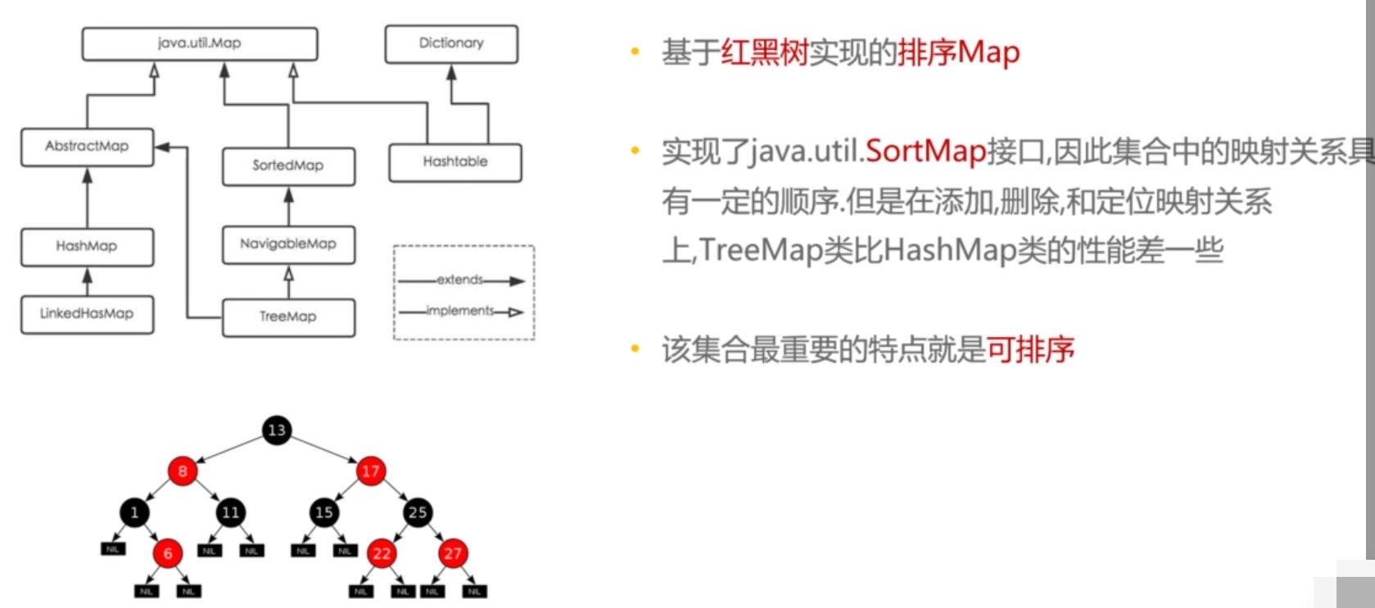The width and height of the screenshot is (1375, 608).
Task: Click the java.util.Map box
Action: [x=199, y=43]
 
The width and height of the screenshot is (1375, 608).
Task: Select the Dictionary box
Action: [x=451, y=43]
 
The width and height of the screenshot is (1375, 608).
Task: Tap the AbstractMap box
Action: [x=87, y=146]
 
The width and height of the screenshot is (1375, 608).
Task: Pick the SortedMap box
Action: [x=288, y=166]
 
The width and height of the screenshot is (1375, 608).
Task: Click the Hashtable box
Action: [x=455, y=162]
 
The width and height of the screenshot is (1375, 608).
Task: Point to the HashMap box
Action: [x=87, y=246]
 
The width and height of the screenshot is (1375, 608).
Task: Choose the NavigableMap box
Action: [x=288, y=244]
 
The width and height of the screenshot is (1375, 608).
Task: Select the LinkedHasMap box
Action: [x=87, y=314]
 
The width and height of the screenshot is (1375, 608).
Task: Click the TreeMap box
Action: [x=288, y=317]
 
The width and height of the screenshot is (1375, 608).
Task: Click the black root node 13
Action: [x=277, y=430]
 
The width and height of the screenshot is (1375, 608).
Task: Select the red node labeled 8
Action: [x=183, y=471]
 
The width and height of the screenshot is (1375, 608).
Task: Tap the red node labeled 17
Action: [x=370, y=471]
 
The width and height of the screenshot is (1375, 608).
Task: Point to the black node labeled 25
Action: [x=418, y=513]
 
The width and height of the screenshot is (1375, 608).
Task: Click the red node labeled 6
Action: [x=168, y=554]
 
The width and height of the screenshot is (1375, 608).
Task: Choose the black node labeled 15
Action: [x=324, y=513]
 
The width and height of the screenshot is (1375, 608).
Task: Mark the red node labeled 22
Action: [x=382, y=554]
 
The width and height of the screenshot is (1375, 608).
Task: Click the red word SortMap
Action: [x=925, y=151]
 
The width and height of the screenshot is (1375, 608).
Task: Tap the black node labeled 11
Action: [x=230, y=513]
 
